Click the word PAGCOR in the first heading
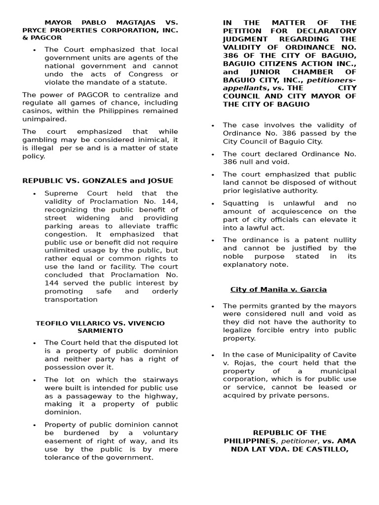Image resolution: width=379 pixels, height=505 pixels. (x=48, y=37)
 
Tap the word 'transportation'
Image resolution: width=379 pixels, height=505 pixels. (x=71, y=299)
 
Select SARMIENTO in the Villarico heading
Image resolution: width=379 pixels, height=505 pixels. (x=100, y=331)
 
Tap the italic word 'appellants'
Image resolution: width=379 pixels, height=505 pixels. (x=242, y=88)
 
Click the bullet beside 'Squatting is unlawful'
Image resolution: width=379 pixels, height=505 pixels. (x=213, y=204)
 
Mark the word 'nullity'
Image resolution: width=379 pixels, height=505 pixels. (x=342, y=240)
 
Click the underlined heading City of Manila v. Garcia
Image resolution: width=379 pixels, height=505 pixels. (x=278, y=289)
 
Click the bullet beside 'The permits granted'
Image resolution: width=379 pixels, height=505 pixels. (x=213, y=306)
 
